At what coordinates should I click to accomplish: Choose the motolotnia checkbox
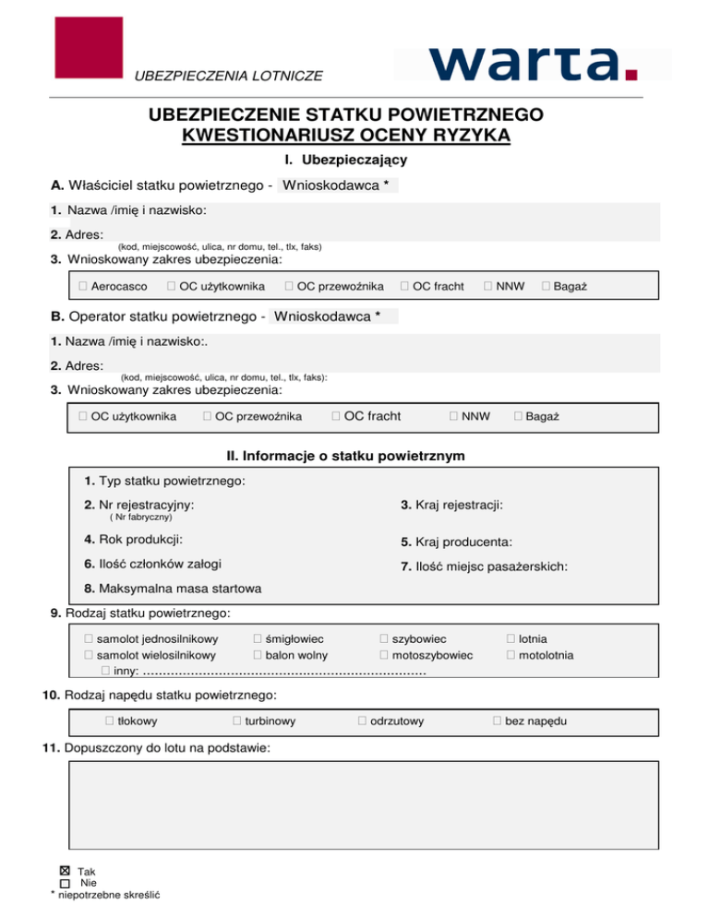511,655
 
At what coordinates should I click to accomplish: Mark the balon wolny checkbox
258,655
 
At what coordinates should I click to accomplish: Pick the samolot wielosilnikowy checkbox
90,655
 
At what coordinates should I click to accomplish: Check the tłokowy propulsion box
109,720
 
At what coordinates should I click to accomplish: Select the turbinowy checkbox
237,720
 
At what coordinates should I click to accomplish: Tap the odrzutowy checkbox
363,720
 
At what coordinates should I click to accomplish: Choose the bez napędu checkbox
498,720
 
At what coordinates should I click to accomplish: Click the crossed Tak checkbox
65,870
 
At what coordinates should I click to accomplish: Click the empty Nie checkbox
65,883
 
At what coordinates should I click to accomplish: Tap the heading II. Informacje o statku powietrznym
345,456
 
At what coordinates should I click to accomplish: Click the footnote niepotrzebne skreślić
106,895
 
